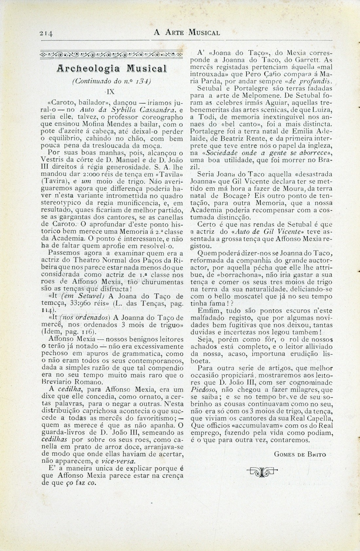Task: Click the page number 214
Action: (x=46, y=33)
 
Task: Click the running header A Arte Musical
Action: (x=187, y=32)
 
